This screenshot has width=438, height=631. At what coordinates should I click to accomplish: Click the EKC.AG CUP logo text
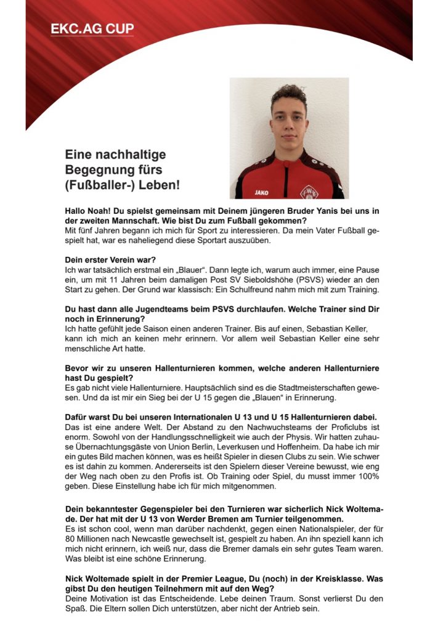coord(93,29)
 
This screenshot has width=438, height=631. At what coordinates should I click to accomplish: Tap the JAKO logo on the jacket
coord(262,192)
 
